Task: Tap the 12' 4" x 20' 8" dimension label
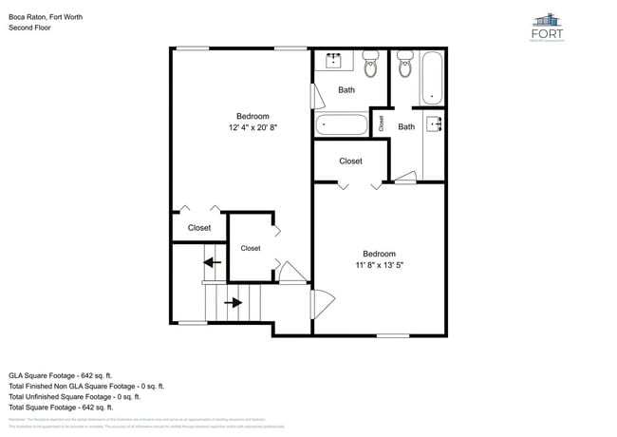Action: pyautogui.click(x=252, y=127)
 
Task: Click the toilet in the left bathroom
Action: pyautogui.click(x=370, y=65)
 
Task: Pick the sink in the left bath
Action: pyautogui.click(x=334, y=62)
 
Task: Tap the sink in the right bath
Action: pyautogui.click(x=436, y=123)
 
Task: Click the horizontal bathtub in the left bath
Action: pyautogui.click(x=341, y=123)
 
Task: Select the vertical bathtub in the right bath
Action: pyautogui.click(x=433, y=77)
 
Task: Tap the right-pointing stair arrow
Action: pyautogui.click(x=232, y=304)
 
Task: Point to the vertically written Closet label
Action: pyautogui.click(x=382, y=123)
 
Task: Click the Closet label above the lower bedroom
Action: pyautogui.click(x=350, y=161)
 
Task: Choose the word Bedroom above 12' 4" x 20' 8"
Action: pyautogui.click(x=252, y=116)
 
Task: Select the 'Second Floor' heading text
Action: pyautogui.click(x=30, y=28)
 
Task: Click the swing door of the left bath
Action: pyautogui.click(x=316, y=97)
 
